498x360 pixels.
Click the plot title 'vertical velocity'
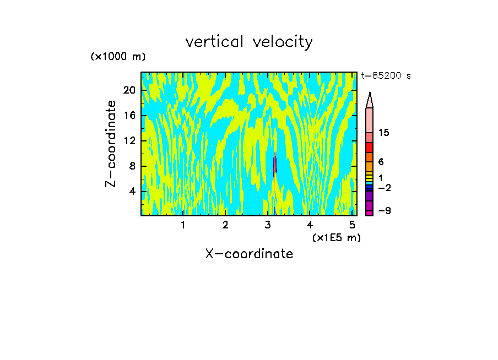(x=249, y=42)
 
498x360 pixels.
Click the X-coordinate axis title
(x=249, y=254)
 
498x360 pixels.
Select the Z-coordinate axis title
(x=111, y=144)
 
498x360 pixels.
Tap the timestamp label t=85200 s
(x=386, y=76)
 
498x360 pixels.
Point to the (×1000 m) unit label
(x=118, y=57)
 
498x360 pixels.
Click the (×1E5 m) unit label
(x=336, y=237)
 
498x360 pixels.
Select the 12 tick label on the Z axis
(x=129, y=140)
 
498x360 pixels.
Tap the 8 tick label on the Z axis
(x=132, y=166)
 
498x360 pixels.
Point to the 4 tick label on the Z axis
(x=132, y=191)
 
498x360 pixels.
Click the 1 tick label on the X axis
(x=183, y=225)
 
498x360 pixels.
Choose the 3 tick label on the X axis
(x=268, y=225)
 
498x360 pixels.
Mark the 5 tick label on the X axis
(x=352, y=225)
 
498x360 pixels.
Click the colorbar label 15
(x=384, y=133)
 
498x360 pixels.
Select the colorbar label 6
(x=381, y=162)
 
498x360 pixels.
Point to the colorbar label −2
(x=384, y=188)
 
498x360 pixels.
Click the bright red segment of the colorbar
(x=369, y=147)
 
